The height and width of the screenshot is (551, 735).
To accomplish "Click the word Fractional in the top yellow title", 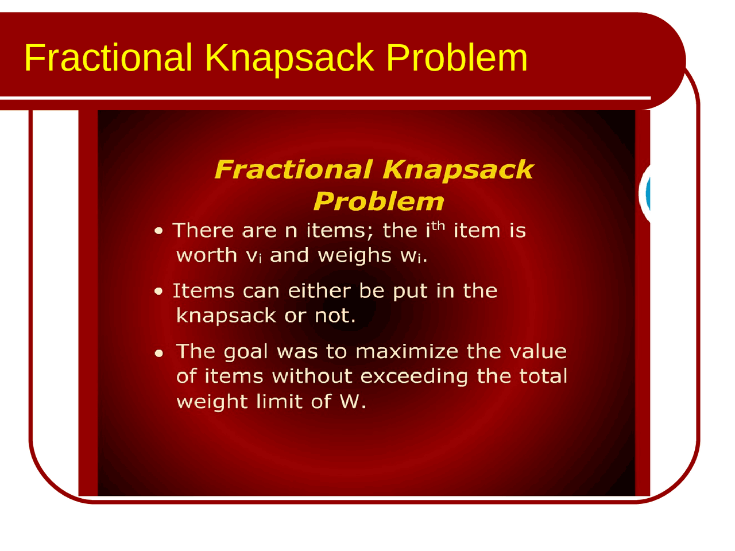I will [x=108, y=57].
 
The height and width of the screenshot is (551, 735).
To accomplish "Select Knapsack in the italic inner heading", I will [x=458, y=169].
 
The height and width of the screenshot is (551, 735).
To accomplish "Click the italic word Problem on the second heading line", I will [x=378, y=201].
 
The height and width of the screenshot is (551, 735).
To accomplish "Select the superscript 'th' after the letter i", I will [x=439, y=225].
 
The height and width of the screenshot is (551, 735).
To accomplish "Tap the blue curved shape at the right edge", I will [x=647, y=194].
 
